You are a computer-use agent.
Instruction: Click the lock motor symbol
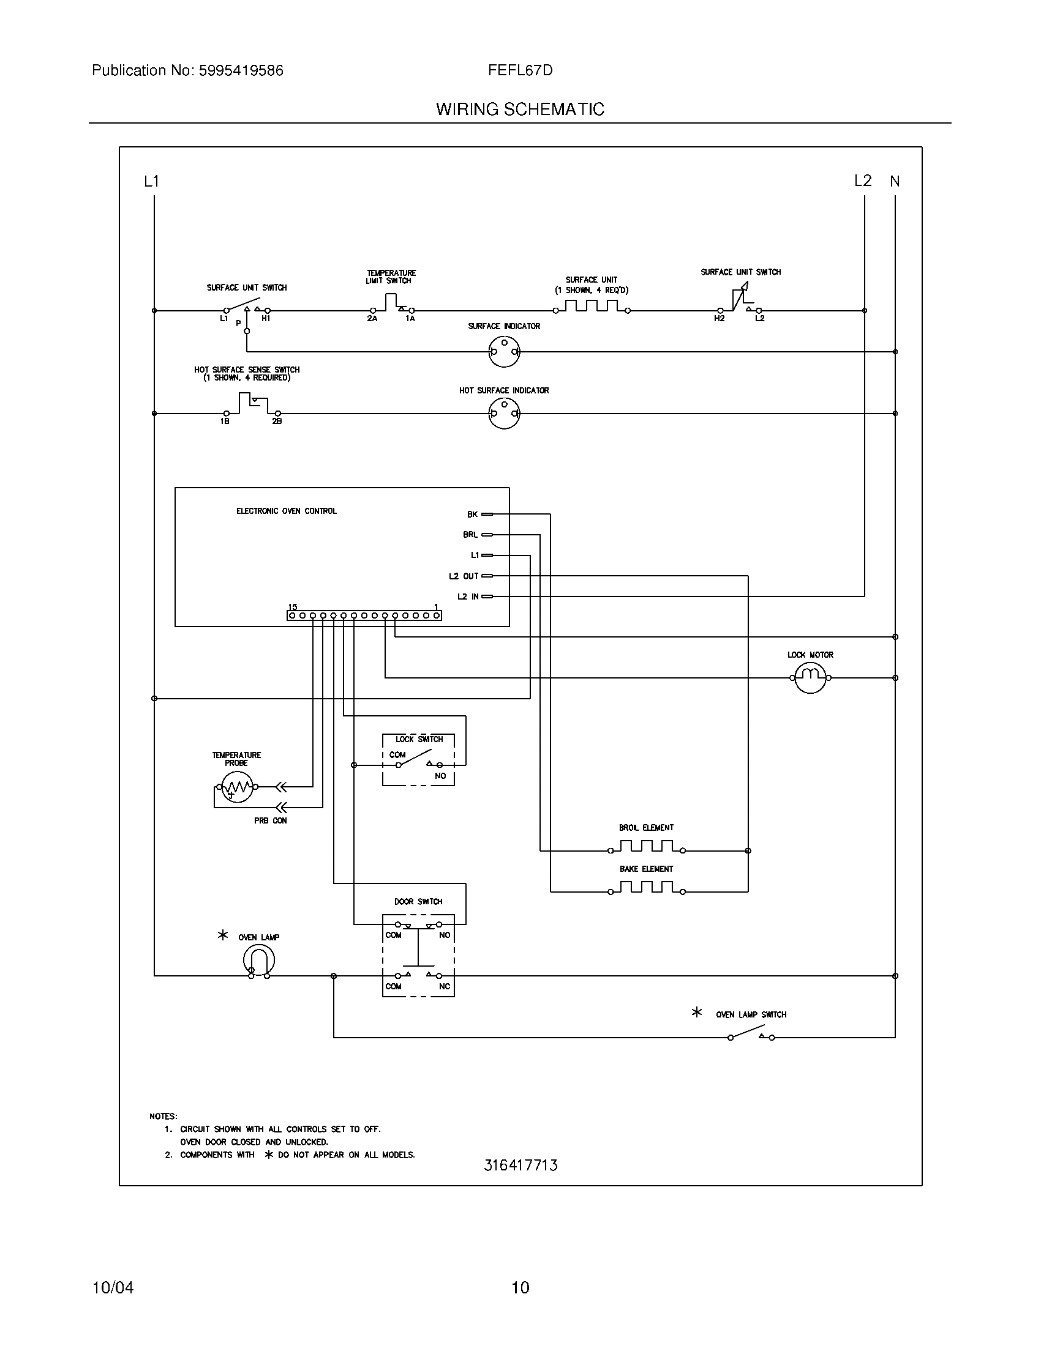tap(810, 678)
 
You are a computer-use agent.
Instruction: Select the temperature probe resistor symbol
tap(237, 787)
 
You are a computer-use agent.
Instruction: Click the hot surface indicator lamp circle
tap(504, 414)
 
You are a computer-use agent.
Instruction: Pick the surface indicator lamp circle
tap(504, 352)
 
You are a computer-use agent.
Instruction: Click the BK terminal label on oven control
tap(472, 514)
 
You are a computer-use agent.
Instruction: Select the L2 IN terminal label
tap(467, 597)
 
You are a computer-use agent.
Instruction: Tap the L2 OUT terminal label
tap(463, 576)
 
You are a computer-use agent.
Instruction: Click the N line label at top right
tap(895, 181)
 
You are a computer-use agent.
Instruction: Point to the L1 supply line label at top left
tap(151, 181)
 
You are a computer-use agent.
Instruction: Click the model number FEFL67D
tap(520, 70)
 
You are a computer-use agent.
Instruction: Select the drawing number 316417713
tap(520, 1165)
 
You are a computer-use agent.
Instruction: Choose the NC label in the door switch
tap(444, 986)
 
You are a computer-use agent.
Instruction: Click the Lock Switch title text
tap(419, 739)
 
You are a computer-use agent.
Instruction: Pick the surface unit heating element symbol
tap(591, 307)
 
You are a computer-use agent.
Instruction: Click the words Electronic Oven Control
tap(286, 511)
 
